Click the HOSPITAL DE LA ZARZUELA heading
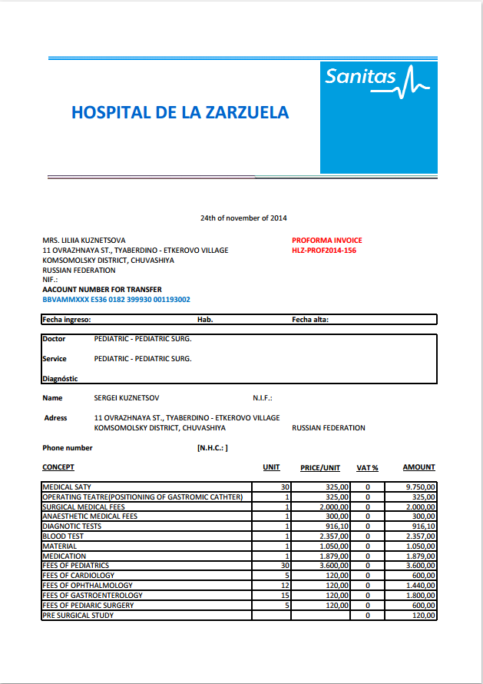tap(180, 112)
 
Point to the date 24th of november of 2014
tap(243, 218)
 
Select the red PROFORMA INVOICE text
tap(326, 241)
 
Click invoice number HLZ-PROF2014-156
tap(323, 251)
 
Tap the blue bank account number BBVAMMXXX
tap(116, 300)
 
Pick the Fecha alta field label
tap(310, 320)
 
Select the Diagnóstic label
tap(60, 378)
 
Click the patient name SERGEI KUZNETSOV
tap(127, 398)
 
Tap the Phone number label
tap(68, 448)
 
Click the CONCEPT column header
tap(58, 467)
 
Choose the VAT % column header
tap(368, 467)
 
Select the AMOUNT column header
tap(418, 467)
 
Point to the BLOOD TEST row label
tap(65, 536)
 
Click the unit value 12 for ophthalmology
tap(285, 586)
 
